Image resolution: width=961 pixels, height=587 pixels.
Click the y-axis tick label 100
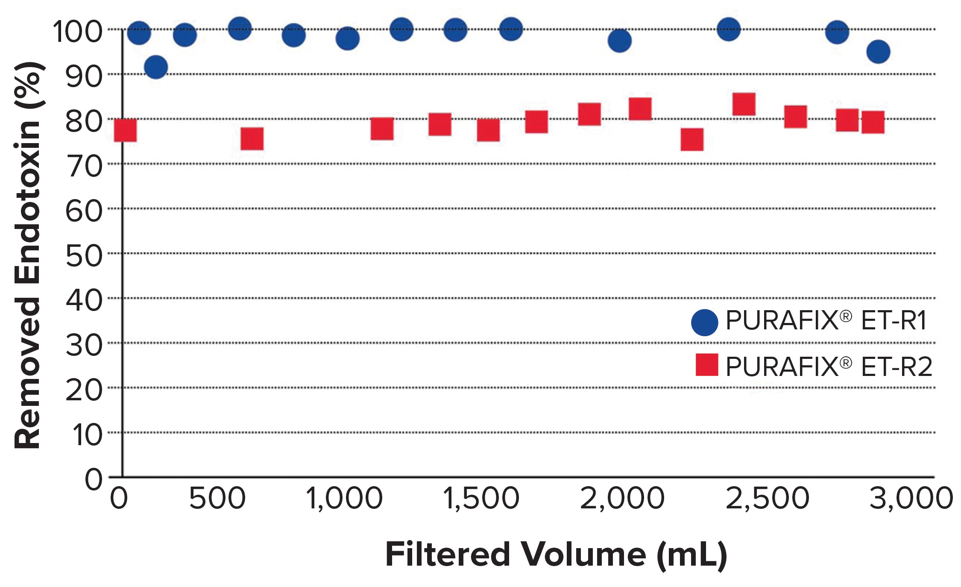[x=77, y=31]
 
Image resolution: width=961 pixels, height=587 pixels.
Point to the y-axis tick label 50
[x=84, y=255]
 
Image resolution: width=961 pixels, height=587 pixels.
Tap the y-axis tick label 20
[x=84, y=390]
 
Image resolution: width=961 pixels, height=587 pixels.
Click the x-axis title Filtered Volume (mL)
[x=556, y=555]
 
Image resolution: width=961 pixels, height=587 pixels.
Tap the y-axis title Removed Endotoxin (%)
[x=28, y=255]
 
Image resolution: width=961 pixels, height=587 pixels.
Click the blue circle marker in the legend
[x=704, y=322]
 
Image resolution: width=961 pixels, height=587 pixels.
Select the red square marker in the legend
[x=706, y=364]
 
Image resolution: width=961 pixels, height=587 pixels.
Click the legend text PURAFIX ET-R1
[x=826, y=320]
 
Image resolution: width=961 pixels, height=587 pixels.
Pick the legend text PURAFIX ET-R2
[x=828, y=366]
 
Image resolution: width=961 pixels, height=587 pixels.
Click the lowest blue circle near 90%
[x=156, y=67]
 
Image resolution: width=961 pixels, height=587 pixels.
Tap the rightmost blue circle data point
[x=878, y=52]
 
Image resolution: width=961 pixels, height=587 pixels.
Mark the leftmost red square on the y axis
[x=125, y=130]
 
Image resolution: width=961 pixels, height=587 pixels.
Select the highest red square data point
[x=744, y=104]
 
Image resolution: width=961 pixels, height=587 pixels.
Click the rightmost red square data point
[x=873, y=122]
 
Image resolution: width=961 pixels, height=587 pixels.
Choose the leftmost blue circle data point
[x=139, y=32]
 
